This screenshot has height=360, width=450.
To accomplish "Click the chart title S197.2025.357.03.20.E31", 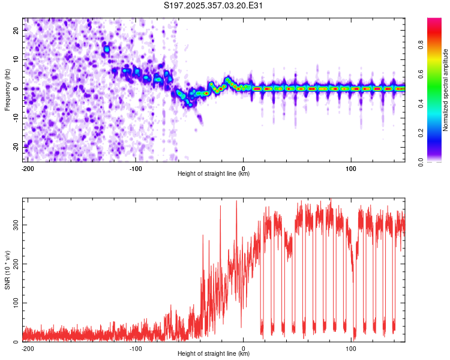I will [x=214, y=6].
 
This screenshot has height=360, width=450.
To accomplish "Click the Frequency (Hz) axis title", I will [x=8, y=90].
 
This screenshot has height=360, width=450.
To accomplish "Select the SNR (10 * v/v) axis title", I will [x=8, y=270].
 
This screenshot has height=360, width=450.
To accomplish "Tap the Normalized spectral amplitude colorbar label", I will [x=446, y=90].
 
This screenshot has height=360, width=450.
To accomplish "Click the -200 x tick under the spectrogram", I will [x=28, y=167].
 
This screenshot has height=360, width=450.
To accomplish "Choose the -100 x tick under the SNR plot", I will [x=136, y=348].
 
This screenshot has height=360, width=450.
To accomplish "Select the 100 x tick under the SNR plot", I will [x=351, y=348].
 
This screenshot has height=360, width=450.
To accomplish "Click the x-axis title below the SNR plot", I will [x=214, y=354].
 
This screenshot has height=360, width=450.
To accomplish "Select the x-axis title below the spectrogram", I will [x=214, y=173].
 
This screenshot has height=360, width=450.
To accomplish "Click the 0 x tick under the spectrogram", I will [x=244, y=167].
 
